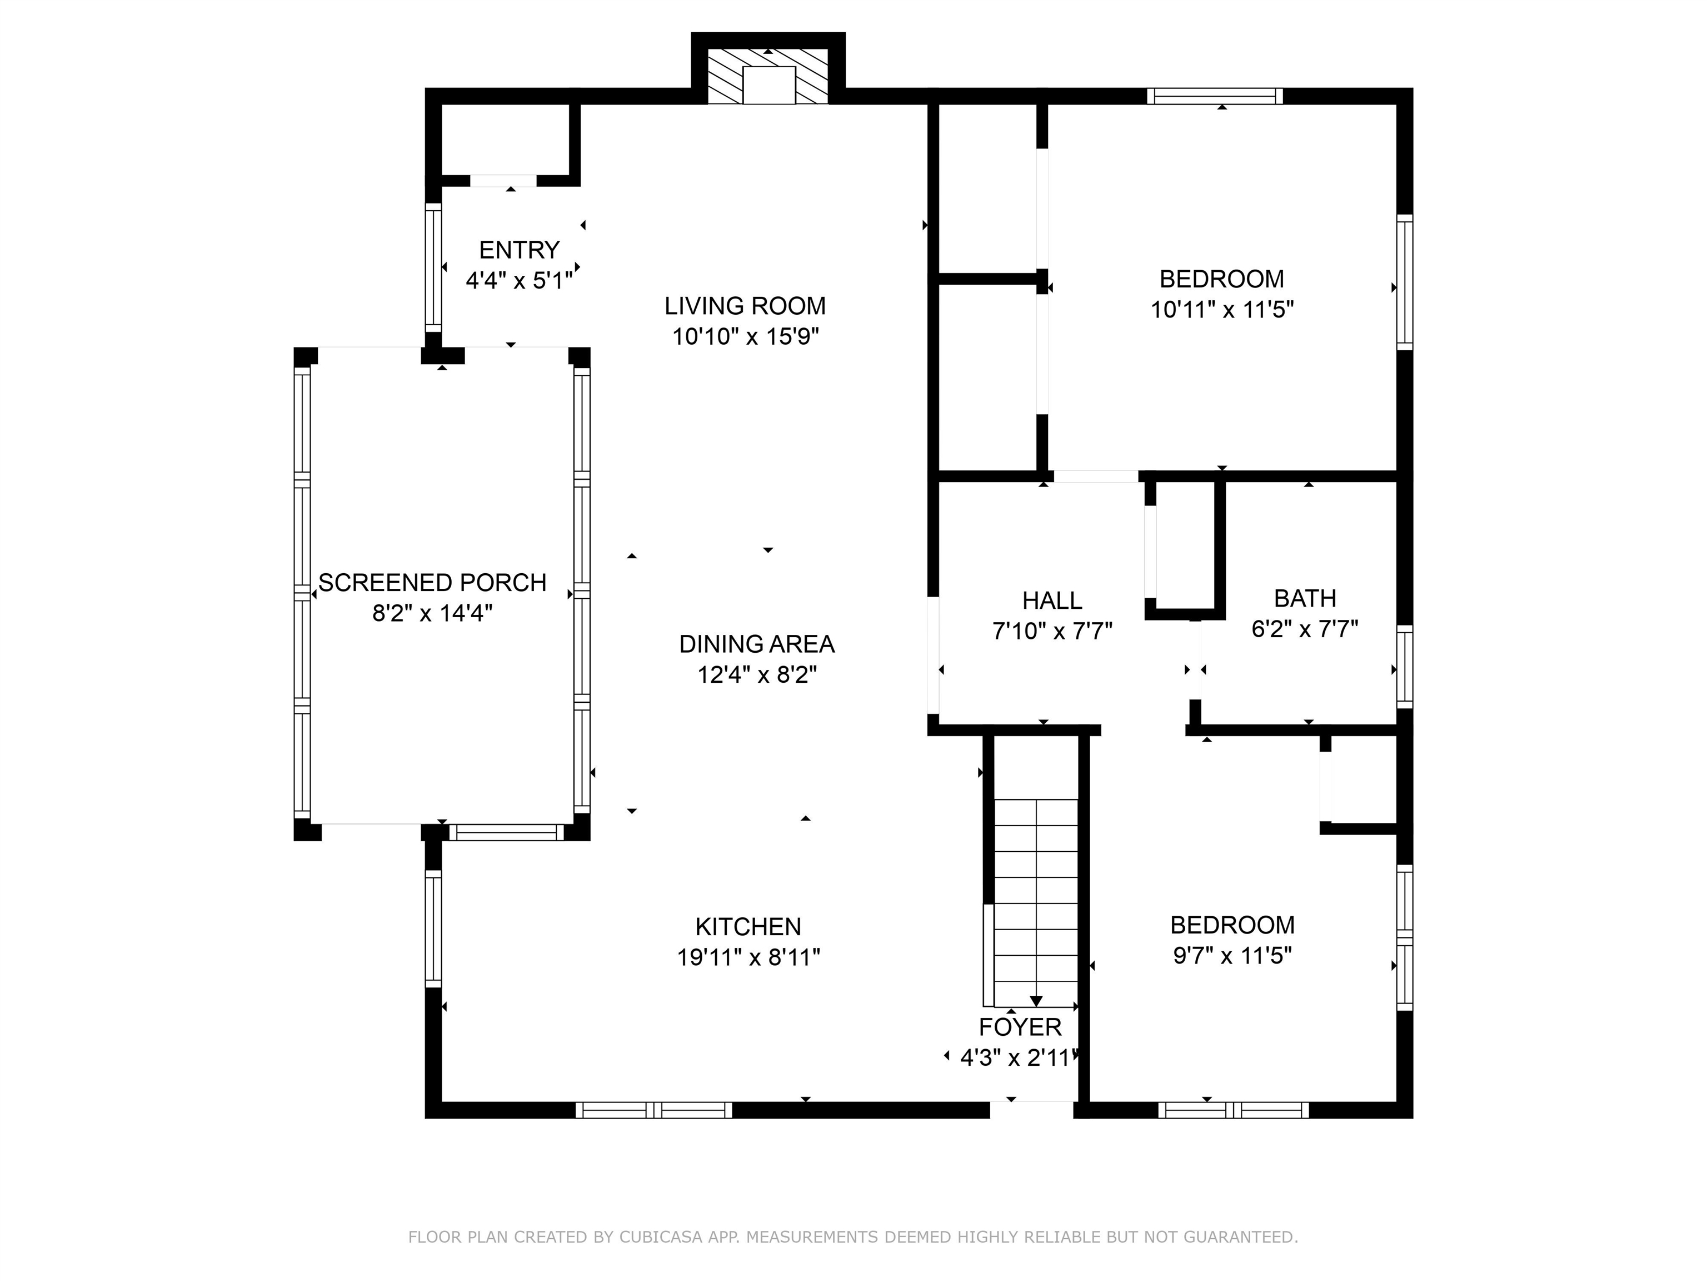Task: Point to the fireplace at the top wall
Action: [768, 76]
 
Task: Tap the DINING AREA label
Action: [756, 643]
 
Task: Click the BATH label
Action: [1305, 598]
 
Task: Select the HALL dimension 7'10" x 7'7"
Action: [1052, 632]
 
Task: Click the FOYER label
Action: [1020, 1027]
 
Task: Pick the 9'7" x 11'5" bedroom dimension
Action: [1232, 956]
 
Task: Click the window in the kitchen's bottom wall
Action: [653, 1110]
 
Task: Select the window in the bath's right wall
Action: [1405, 667]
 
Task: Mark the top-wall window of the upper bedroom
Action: [1215, 96]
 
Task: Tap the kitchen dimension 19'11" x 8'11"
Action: [748, 957]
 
